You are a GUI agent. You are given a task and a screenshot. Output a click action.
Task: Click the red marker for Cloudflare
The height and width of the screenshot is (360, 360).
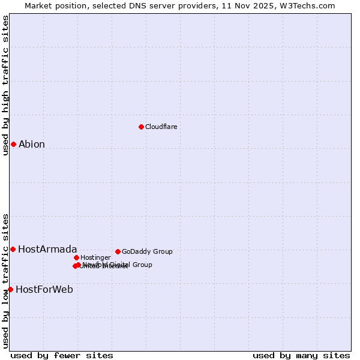(x=141, y=127)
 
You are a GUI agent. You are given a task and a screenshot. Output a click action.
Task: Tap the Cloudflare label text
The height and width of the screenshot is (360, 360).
(x=161, y=127)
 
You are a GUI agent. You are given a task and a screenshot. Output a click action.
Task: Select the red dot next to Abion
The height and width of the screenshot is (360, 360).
(x=13, y=144)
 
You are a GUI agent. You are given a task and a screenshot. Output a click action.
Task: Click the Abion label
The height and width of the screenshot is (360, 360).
(x=32, y=144)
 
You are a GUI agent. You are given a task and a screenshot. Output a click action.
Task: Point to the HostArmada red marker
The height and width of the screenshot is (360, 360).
(x=13, y=249)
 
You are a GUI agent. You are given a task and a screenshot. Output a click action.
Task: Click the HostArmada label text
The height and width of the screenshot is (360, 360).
(x=47, y=249)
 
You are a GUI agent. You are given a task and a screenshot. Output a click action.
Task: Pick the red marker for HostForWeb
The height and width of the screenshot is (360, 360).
(x=10, y=289)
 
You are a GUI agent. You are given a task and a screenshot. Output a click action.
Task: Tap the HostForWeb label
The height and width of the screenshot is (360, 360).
(x=44, y=289)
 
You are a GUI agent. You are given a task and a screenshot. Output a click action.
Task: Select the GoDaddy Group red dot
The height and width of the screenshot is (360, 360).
(x=118, y=251)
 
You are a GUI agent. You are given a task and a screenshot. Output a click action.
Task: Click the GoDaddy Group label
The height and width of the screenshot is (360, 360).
(x=147, y=251)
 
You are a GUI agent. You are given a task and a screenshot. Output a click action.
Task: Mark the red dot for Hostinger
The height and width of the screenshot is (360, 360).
(x=76, y=257)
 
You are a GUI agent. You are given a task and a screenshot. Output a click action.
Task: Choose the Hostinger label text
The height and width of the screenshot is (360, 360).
(x=95, y=257)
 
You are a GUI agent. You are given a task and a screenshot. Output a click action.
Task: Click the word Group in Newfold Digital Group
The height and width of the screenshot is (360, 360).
(x=142, y=265)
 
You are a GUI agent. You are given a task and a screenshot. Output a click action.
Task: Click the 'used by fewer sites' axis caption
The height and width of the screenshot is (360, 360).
(x=62, y=356)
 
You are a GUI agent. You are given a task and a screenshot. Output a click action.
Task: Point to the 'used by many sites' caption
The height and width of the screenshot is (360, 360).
(x=301, y=356)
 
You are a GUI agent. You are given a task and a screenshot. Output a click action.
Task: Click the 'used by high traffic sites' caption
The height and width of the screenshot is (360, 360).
(x=6, y=85)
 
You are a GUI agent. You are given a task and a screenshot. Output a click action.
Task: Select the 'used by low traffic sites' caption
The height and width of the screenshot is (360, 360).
(x=6, y=280)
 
